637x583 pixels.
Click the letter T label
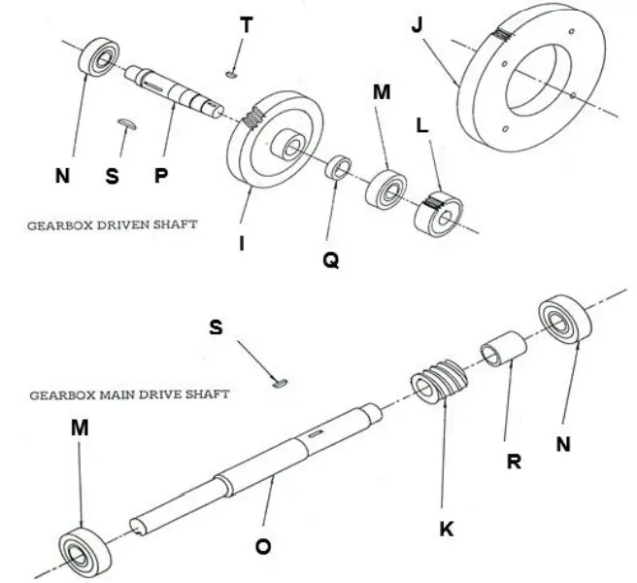[x=247, y=25]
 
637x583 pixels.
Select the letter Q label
[x=331, y=260]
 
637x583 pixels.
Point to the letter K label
[x=446, y=529]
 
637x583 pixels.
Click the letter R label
[x=515, y=462]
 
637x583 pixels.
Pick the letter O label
[x=263, y=547]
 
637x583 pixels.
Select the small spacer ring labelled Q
[x=338, y=167]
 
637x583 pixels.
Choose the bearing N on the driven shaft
[x=96, y=57]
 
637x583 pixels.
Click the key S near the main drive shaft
[x=282, y=383]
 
